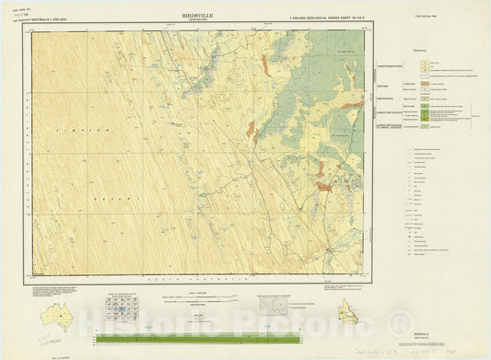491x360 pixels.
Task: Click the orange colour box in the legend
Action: (x=426, y=85)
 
